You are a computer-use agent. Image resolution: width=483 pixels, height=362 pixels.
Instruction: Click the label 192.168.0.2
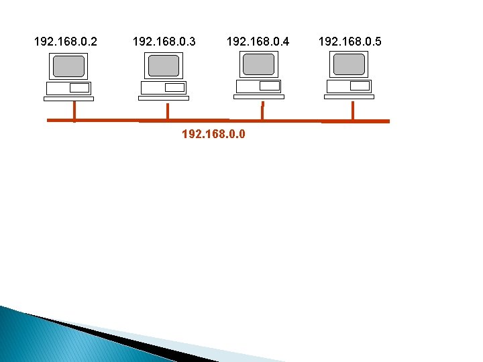tap(65, 42)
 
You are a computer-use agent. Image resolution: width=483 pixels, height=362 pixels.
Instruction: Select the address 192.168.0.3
tap(164, 42)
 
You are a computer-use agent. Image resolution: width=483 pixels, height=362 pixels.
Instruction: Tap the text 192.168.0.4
tap(258, 42)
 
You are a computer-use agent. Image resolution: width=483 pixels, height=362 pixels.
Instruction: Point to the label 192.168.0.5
tap(350, 42)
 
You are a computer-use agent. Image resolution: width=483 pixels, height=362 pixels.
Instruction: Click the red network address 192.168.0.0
tap(213, 134)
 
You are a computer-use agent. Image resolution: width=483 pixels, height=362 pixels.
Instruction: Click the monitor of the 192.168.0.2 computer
tap(69, 66)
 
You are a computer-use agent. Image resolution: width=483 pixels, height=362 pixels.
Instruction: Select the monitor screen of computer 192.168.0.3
tap(164, 66)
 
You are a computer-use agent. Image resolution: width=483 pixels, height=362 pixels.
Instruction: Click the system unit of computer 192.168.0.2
tap(68, 88)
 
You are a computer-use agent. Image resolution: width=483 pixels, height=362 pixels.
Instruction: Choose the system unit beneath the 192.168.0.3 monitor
tap(163, 88)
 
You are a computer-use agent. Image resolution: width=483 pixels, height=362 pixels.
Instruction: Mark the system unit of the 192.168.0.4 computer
tap(258, 86)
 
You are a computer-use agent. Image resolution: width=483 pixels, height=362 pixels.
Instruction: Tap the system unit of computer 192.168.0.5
tap(349, 86)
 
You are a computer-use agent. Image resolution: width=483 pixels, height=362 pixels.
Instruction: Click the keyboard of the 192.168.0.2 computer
tap(68, 99)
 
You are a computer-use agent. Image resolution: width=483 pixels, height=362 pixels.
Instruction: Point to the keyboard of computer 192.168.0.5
tap(349, 97)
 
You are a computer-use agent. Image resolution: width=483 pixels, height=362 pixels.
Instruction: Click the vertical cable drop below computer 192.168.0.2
tap(74, 111)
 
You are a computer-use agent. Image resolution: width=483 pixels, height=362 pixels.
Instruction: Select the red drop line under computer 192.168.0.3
tap(167, 111)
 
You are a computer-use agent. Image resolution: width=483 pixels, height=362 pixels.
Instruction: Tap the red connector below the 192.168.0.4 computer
tap(262, 111)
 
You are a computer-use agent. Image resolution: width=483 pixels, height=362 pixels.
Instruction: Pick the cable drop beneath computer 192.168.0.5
tap(353, 111)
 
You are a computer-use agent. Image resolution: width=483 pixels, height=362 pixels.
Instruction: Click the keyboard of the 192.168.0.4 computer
tap(258, 97)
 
